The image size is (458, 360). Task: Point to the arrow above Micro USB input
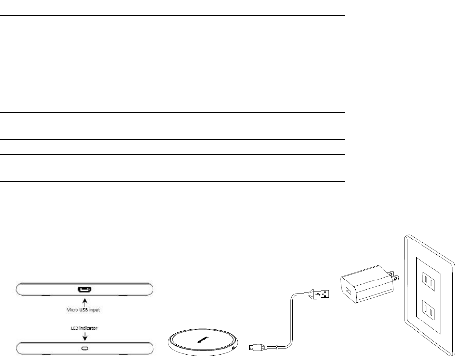tap(84, 300)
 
